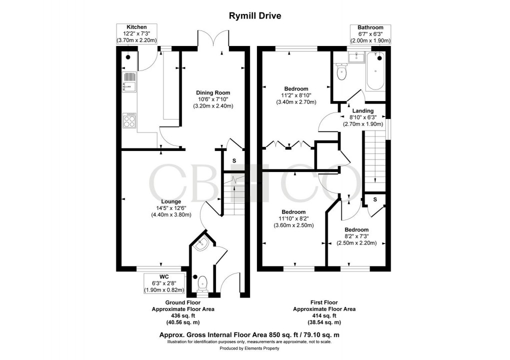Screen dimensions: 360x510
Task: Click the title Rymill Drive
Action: point(255,16)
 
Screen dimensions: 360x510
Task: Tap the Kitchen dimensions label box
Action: point(136,33)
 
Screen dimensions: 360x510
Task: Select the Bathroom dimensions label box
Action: point(370,34)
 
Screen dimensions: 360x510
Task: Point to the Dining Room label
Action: point(213,99)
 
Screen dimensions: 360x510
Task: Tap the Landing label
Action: point(362,117)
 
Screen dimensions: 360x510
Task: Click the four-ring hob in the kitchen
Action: point(129,120)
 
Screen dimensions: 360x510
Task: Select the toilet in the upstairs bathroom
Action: point(341,73)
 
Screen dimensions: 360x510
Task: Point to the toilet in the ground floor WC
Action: point(202,283)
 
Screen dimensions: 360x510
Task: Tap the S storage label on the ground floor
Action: point(233,160)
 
